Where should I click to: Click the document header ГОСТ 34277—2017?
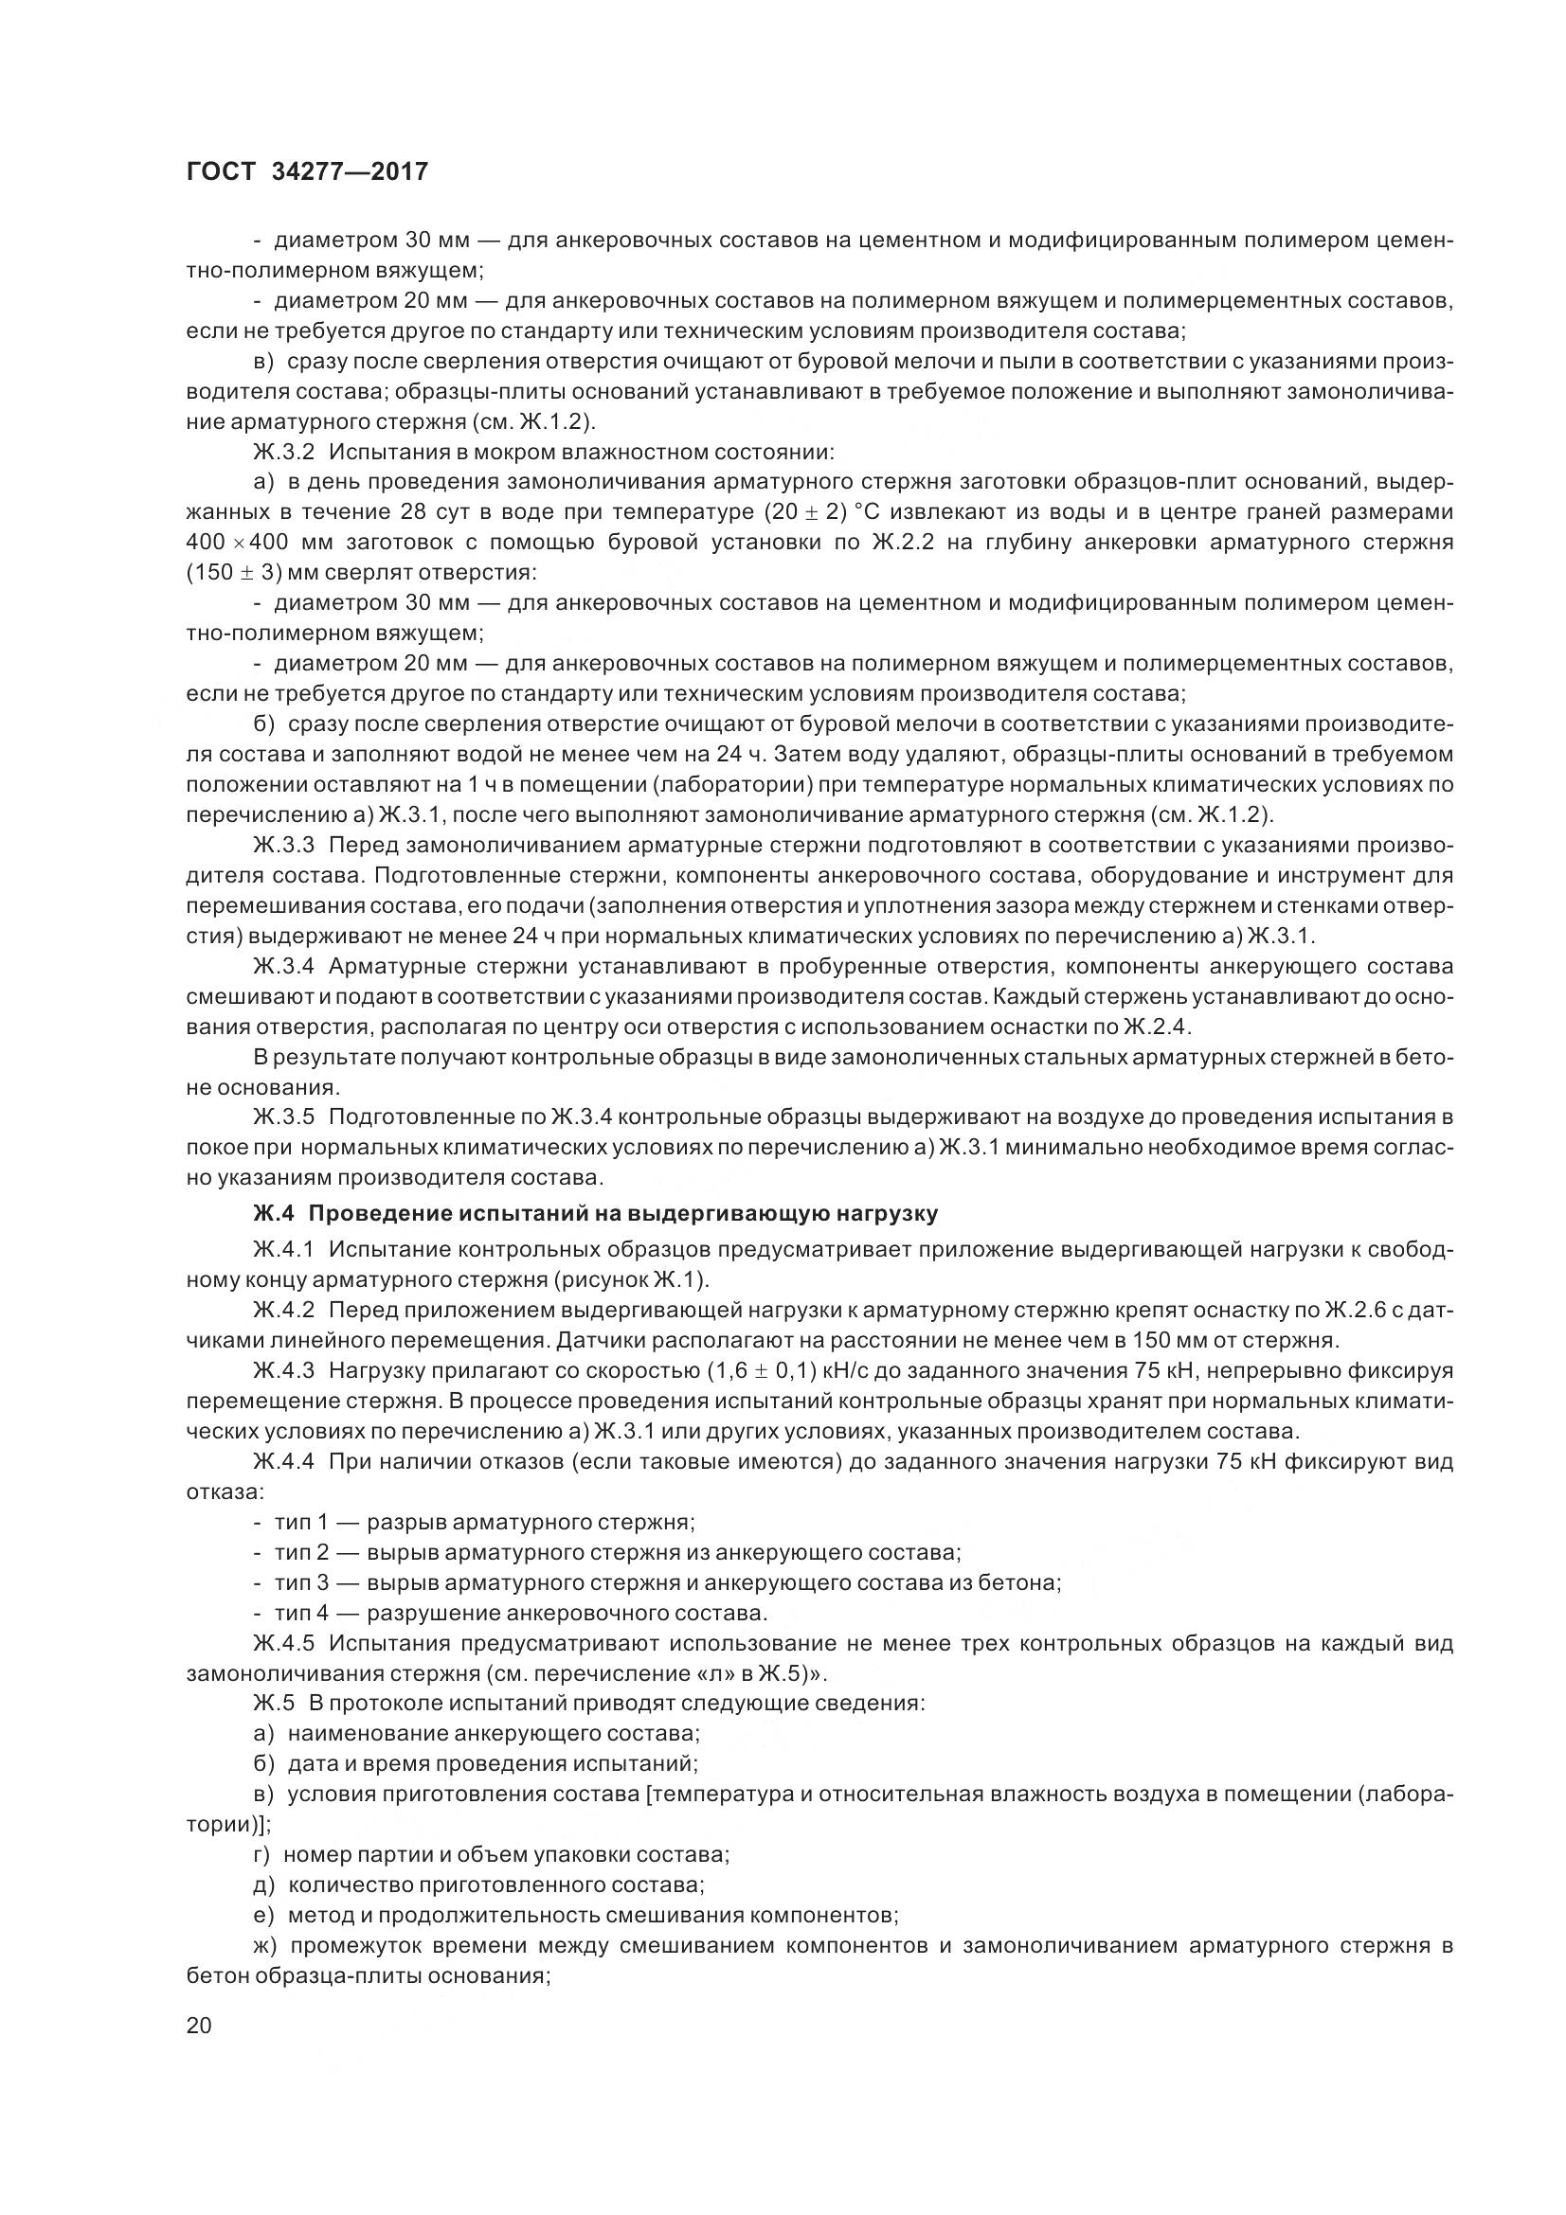coord(306,171)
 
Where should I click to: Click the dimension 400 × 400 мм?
coord(250,543)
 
